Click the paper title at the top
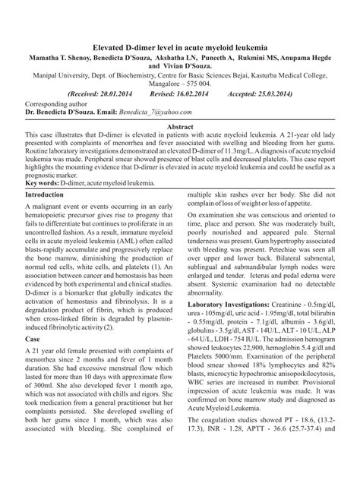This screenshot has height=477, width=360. (180, 47)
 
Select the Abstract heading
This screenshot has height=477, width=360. (180, 126)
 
